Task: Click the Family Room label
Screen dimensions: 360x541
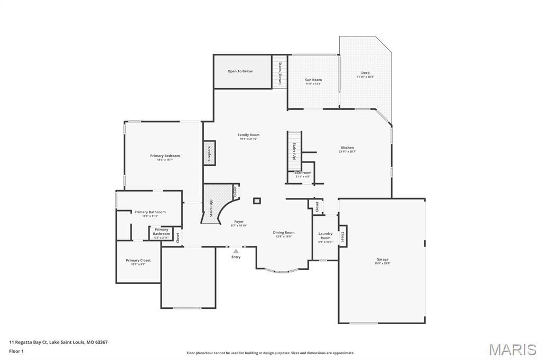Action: [248, 135]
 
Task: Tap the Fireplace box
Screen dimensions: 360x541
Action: [209, 153]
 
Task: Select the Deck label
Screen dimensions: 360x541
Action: [365, 73]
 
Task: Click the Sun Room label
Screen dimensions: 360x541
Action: [313, 80]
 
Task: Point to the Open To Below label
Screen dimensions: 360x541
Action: [240, 71]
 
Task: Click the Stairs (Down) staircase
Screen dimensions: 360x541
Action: [279, 73]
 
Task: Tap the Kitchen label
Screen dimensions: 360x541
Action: [347, 148]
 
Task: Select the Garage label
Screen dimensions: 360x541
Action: [382, 260]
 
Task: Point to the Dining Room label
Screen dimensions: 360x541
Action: [284, 233]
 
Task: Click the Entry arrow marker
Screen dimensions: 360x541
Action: [236, 251]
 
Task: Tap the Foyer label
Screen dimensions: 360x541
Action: [239, 222]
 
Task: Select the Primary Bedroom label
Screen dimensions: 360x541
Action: [165, 156]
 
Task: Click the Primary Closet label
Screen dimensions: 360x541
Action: [138, 261]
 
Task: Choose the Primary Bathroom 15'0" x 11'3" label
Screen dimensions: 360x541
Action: [150, 212]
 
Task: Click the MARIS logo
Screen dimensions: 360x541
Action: [512, 349]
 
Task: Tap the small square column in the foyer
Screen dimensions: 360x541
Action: [257, 201]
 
